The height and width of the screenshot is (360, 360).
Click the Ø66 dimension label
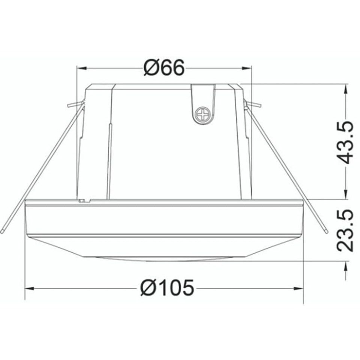[x=164, y=68]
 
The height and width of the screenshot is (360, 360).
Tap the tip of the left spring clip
[x=3, y=231]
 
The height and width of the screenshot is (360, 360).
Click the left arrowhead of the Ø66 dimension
[x=81, y=68]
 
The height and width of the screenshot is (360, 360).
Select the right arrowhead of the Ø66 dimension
[x=247, y=68]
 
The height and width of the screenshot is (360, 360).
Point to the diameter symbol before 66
[x=151, y=68]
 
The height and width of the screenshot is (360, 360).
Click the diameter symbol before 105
[x=148, y=288]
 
